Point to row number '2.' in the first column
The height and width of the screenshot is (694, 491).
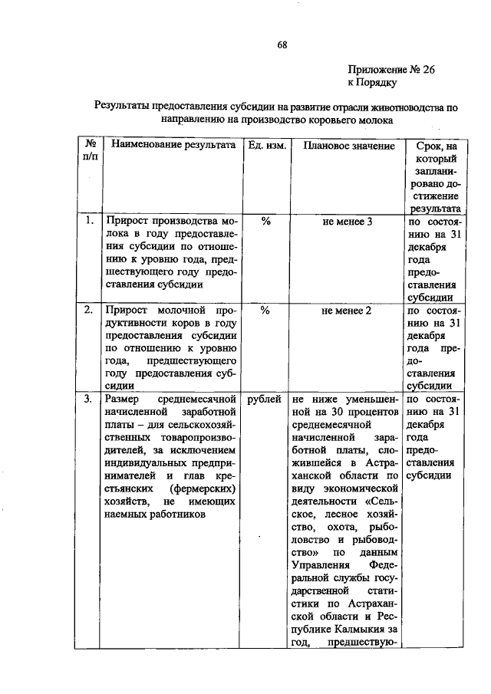click(x=88, y=311)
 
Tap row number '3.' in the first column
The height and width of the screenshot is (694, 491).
click(x=88, y=399)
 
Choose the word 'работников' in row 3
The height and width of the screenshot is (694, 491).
click(x=180, y=516)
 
